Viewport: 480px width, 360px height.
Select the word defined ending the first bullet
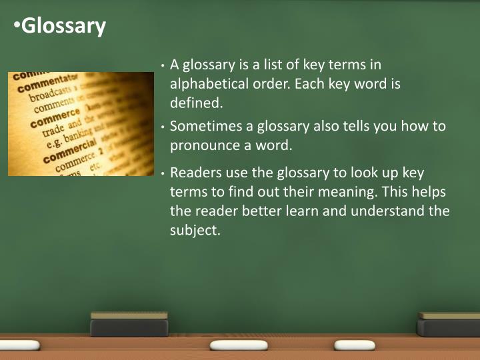tap(196, 103)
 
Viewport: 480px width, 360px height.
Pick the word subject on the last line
tap(194, 231)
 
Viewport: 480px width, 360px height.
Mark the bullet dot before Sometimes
tap(163, 127)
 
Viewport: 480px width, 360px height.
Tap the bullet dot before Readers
tap(163, 173)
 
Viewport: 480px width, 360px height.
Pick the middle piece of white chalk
tap(238, 345)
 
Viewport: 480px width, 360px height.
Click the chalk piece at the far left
tap(21, 345)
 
